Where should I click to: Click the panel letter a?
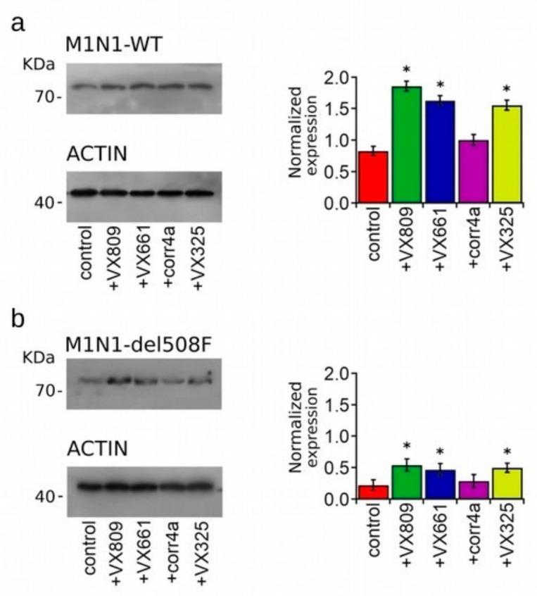coord(19,23)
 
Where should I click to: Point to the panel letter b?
coord(19,319)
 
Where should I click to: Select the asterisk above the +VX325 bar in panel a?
coord(505,89)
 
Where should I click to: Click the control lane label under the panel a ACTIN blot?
coord(87,253)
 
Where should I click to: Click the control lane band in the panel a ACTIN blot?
coord(84,192)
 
